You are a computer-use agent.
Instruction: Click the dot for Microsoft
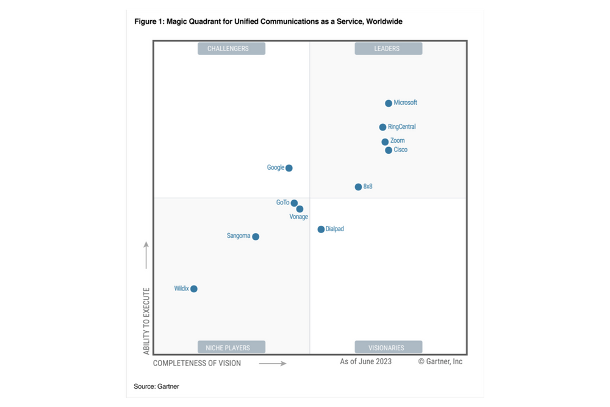pos(389,103)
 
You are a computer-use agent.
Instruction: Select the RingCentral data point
pos(382,128)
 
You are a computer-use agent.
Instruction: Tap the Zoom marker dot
pos(385,142)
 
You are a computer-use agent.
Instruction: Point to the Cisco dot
pos(389,150)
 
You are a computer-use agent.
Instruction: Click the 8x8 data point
pos(359,187)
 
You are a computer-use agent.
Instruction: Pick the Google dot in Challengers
pos(289,168)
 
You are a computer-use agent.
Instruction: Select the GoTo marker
pos(294,203)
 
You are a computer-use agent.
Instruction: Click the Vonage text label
pos(298,217)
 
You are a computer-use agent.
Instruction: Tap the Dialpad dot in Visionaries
pos(321,229)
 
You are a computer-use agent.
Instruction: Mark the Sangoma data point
pos(256,237)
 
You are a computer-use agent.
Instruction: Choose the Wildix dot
pos(194,289)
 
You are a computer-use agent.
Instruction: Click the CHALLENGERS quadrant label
pos(228,49)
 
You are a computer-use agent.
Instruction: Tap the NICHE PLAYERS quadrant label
pos(229,348)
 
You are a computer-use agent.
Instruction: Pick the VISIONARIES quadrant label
pos(387,348)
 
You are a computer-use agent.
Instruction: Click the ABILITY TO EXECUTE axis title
pos(146,321)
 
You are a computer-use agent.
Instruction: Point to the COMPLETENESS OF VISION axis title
pos(197,363)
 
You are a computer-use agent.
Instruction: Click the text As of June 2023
pos(366,361)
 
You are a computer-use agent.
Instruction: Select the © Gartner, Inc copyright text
pos(440,361)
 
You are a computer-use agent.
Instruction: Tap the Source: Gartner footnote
pos(157,386)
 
